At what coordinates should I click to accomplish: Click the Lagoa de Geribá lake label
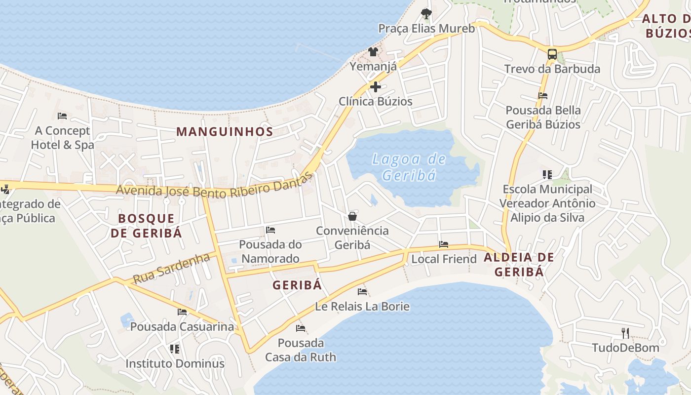[409, 167]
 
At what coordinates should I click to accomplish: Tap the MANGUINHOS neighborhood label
[225, 132]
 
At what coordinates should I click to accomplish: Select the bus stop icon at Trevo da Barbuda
[552, 54]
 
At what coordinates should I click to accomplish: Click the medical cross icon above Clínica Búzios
[376, 87]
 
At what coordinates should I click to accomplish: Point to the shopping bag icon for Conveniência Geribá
[352, 216]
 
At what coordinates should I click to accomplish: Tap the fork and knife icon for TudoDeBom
[625, 333]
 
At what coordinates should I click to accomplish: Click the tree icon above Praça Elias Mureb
[426, 14]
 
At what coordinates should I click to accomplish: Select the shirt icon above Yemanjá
[373, 52]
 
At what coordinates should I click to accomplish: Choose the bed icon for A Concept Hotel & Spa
[62, 116]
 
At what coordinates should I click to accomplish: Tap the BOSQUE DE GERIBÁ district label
[147, 226]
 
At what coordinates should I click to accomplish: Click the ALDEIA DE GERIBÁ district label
[519, 264]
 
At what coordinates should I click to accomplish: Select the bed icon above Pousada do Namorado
[270, 230]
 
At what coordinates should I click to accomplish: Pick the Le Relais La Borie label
[362, 306]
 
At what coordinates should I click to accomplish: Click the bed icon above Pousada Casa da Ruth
[301, 328]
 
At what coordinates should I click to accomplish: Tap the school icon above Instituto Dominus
[175, 349]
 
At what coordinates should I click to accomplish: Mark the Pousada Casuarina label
[182, 326]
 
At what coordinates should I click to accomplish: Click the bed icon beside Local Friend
[444, 244]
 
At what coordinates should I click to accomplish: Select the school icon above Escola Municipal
[547, 175]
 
